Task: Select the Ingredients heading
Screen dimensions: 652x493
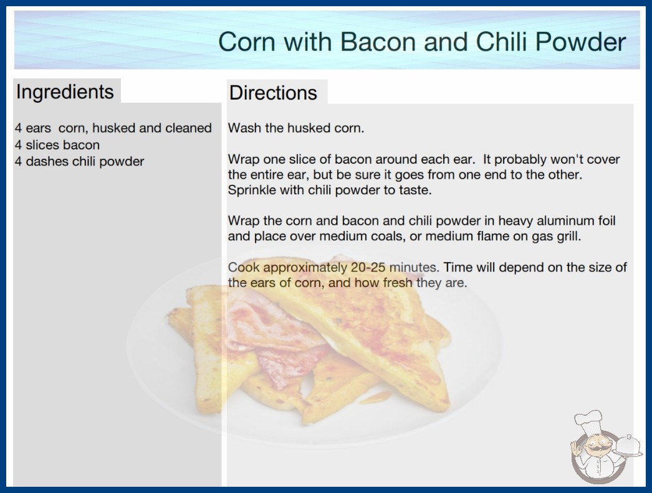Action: pyautogui.click(x=65, y=92)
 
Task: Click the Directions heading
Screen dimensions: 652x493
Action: pyautogui.click(x=273, y=93)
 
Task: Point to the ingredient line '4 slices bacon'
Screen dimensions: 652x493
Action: pyautogui.click(x=57, y=145)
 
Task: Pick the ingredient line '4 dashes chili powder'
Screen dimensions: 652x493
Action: pyautogui.click(x=79, y=162)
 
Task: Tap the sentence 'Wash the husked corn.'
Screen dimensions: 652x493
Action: pyautogui.click(x=296, y=128)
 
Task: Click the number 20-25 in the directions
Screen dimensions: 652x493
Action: pyautogui.click(x=368, y=267)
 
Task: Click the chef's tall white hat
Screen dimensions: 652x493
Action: pyautogui.click(x=588, y=420)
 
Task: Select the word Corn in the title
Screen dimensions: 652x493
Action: pyautogui.click(x=246, y=42)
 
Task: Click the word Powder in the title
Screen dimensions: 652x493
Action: pyautogui.click(x=580, y=42)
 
